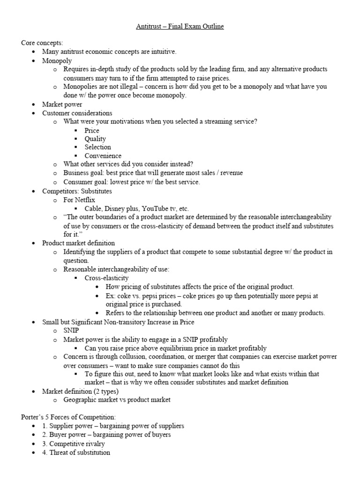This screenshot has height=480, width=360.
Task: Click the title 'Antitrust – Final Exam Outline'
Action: click(180, 26)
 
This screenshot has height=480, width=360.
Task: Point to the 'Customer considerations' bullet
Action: click(77, 113)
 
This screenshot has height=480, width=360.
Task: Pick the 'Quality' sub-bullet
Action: click(95, 139)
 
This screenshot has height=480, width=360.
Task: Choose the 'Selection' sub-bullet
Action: click(97, 147)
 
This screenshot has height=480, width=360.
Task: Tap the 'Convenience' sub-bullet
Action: click(103, 156)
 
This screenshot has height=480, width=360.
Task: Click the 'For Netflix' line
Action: click(79, 200)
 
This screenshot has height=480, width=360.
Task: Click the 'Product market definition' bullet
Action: click(78, 243)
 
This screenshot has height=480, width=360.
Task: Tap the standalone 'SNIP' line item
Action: click(72, 330)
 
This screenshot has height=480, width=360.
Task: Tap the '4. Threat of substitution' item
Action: click(76, 452)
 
